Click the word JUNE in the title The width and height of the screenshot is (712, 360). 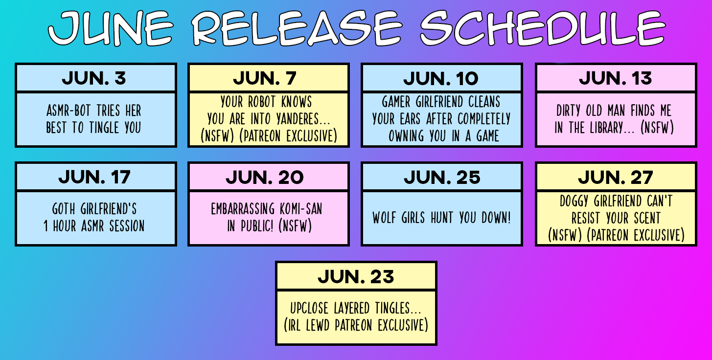tap(111, 28)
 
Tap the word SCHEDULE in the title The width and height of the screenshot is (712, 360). tap(543, 28)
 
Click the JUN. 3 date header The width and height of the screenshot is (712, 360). tap(94, 78)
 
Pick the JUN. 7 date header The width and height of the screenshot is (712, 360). tap(265, 78)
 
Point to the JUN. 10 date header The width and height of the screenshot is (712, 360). tap(441, 78)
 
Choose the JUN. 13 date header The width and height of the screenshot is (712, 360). tap(615, 78)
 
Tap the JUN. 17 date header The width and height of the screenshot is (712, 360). tap(94, 177)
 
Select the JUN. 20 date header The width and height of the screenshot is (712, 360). tap(265, 177)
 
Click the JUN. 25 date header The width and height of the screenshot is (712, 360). tap(442, 177)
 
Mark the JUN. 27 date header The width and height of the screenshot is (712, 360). tap(616, 177)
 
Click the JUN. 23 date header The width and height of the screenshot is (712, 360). tap(356, 276)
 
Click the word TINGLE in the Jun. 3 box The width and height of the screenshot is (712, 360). tap(104, 128)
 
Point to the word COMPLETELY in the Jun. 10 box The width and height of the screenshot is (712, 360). tap(484, 119)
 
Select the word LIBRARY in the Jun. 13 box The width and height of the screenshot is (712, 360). tap(606, 128)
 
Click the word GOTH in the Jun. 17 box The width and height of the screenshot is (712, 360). tap(64, 209)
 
